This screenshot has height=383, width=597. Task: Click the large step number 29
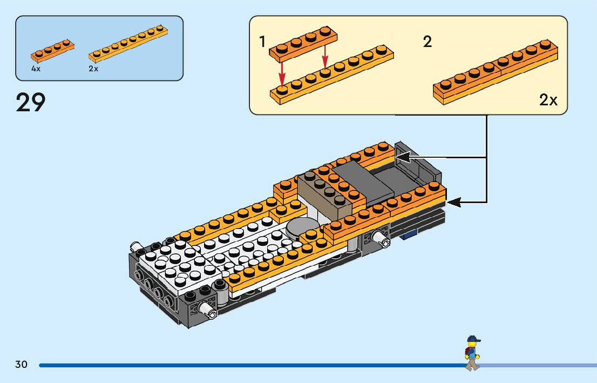click(31, 102)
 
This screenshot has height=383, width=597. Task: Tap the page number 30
click(21, 365)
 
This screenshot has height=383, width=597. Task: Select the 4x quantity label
click(36, 69)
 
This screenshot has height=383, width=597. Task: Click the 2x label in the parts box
click(93, 69)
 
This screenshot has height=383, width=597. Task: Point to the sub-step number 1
click(263, 42)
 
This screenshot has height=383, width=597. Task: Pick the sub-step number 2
click(428, 42)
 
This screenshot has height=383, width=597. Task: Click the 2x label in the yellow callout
click(548, 100)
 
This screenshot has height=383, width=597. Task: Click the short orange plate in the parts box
click(52, 50)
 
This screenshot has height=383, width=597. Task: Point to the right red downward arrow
click(325, 57)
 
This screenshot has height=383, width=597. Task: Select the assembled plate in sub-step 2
click(495, 75)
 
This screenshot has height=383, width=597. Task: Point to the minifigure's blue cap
click(473, 339)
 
